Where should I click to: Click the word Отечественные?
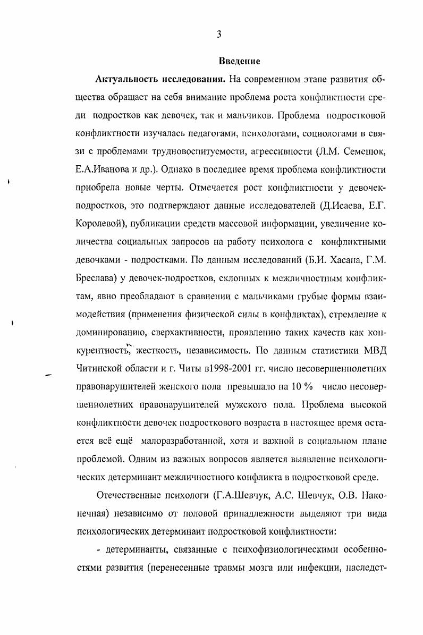(x=128, y=496)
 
